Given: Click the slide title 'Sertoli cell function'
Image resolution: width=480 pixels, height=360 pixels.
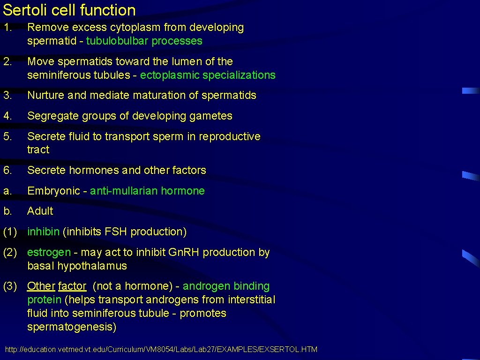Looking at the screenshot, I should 69,10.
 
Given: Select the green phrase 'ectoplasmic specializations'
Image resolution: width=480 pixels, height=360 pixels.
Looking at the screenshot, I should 208,75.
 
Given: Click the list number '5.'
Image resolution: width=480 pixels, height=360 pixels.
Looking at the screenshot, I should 7,137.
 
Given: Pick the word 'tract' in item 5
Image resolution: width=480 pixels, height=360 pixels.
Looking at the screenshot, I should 38,150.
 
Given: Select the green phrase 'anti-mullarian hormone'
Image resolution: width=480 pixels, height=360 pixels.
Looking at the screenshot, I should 147,191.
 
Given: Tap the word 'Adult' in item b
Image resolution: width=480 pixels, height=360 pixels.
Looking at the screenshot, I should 40,211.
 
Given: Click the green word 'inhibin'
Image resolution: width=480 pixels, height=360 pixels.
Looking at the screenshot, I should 43,232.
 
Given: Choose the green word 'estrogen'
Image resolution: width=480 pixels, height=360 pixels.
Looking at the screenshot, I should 49,253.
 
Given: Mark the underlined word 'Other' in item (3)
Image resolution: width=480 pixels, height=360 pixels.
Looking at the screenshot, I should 41,286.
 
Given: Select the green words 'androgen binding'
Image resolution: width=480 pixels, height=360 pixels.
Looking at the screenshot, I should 226,286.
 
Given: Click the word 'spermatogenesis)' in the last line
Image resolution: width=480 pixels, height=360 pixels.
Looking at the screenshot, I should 72,327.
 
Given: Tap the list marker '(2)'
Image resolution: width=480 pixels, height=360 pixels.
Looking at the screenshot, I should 10,253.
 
